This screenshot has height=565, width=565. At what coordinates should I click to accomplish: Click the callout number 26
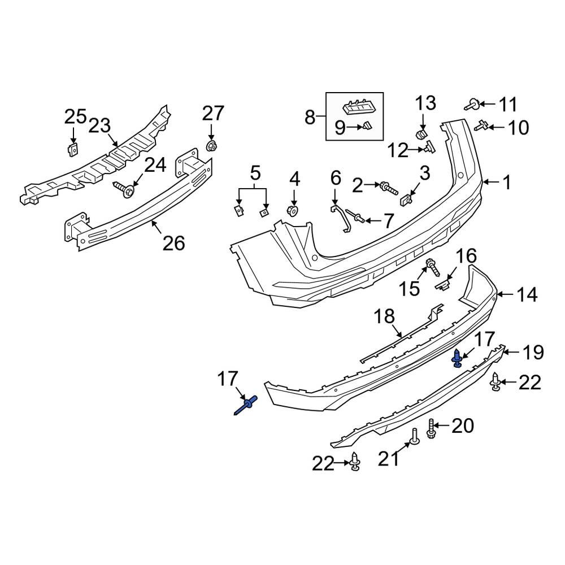click(173, 243)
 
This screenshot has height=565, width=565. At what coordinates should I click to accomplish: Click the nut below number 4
click(294, 211)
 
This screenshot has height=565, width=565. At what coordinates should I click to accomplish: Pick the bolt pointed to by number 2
click(390, 187)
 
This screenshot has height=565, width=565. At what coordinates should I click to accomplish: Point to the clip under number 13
click(421, 134)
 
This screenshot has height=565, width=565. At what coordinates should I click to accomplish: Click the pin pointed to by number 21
click(414, 437)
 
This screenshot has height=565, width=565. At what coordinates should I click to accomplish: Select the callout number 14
click(526, 294)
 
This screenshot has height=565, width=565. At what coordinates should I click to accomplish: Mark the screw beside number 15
click(432, 265)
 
